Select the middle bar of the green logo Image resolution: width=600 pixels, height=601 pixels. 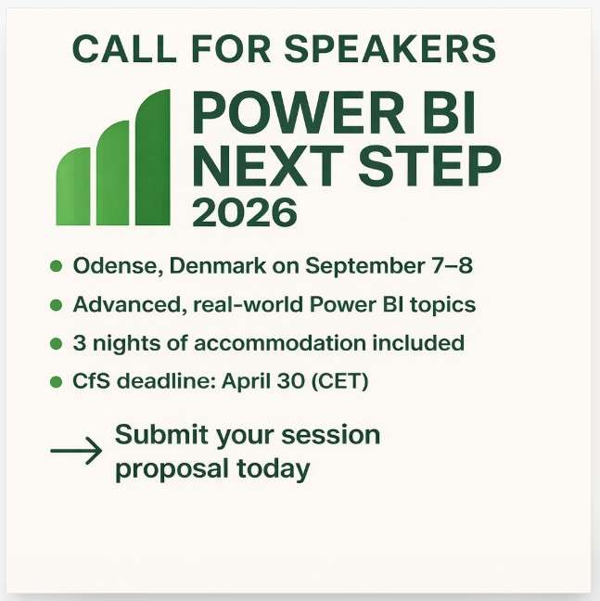pyautogui.click(x=112, y=175)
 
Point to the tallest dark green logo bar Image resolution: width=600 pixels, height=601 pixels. pyautogui.click(x=153, y=159)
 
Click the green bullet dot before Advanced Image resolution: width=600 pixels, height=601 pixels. pyautogui.click(x=56, y=305)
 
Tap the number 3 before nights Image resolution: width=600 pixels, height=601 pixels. pyautogui.click(x=79, y=343)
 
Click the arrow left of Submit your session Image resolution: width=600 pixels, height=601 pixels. pyautogui.click(x=76, y=452)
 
